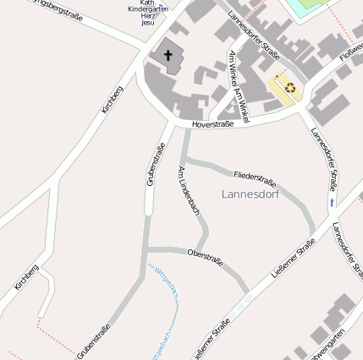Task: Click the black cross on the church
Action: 168,56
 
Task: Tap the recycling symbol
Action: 290,87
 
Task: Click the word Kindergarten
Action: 148,8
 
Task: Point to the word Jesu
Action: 148,24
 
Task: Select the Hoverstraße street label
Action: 212,124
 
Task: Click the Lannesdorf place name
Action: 250,194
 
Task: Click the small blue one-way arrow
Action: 332,203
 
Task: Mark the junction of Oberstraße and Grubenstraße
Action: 146,249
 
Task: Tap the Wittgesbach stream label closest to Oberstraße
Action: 166,284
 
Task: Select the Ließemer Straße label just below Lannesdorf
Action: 294,253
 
